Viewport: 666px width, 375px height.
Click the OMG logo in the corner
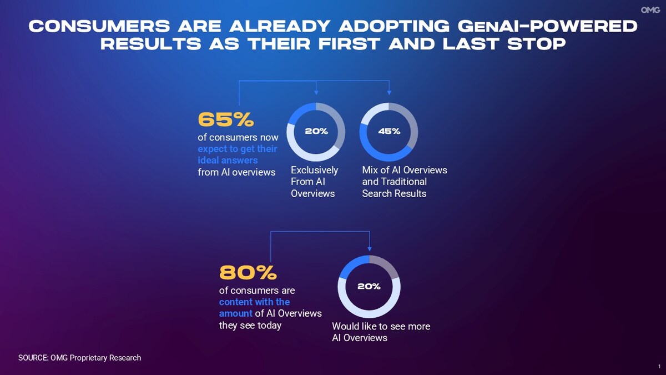[x=650, y=10]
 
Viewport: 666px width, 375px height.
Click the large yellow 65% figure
[x=226, y=119]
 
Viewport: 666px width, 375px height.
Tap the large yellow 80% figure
[x=248, y=273]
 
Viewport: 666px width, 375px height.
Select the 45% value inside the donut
[x=389, y=132]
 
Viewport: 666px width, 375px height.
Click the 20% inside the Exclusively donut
[x=316, y=132]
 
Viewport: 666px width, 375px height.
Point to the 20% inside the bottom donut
[x=369, y=287]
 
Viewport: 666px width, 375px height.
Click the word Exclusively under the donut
[x=314, y=170]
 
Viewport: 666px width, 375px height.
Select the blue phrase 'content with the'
[x=254, y=302]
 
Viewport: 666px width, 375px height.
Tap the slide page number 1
[x=659, y=367]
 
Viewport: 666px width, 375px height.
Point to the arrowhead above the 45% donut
[x=389, y=92]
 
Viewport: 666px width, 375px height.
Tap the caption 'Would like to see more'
[x=381, y=326]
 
